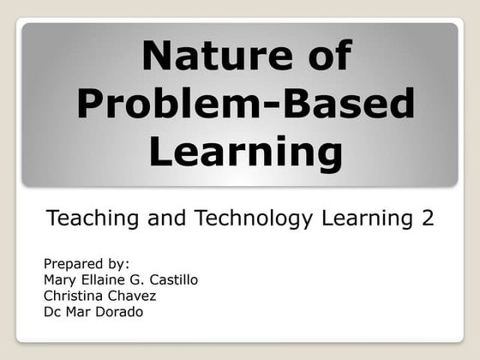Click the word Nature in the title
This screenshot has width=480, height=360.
tap(195, 56)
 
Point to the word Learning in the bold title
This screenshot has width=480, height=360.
tap(245, 153)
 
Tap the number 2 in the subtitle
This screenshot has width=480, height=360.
tap(427, 218)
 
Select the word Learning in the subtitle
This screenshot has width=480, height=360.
tap(368, 218)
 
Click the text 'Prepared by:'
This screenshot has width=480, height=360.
tap(86, 263)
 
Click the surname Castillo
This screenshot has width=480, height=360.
tap(171, 279)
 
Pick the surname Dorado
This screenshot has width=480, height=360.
tap(119, 312)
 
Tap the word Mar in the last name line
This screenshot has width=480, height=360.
tap(79, 312)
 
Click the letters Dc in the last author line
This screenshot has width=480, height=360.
tap(52, 312)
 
